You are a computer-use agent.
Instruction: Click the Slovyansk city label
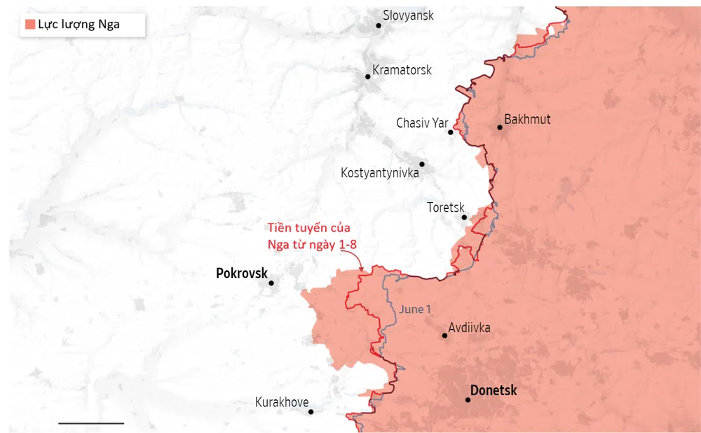pyautogui.click(x=409, y=15)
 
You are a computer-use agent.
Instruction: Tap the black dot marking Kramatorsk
pyautogui.click(x=367, y=76)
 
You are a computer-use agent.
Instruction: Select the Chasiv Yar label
pyautogui.click(x=422, y=123)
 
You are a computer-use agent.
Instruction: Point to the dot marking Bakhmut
pyautogui.click(x=500, y=128)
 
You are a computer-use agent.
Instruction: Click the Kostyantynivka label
pyautogui.click(x=379, y=172)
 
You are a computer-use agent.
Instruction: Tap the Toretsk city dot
pyautogui.click(x=464, y=217)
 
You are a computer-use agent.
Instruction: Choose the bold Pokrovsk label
pyautogui.click(x=242, y=273)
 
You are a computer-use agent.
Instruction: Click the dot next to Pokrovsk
pyautogui.click(x=271, y=283)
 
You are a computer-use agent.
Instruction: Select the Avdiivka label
pyautogui.click(x=469, y=327)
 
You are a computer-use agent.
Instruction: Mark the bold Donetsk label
pyautogui.click(x=494, y=390)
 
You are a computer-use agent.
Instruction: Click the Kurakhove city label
pyautogui.click(x=282, y=402)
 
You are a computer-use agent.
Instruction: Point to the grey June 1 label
pyautogui.click(x=415, y=309)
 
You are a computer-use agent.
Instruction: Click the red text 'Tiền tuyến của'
pyautogui.click(x=308, y=228)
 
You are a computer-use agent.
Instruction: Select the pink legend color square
pyautogui.click(x=30, y=25)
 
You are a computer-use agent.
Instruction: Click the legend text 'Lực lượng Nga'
pyautogui.click(x=79, y=25)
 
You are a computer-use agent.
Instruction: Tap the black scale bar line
pyautogui.click(x=91, y=423)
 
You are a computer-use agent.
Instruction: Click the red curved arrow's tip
pyautogui.click(x=362, y=271)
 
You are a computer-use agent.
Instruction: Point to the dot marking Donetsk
pyautogui.click(x=468, y=400)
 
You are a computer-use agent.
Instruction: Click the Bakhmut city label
pyautogui.click(x=527, y=119)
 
